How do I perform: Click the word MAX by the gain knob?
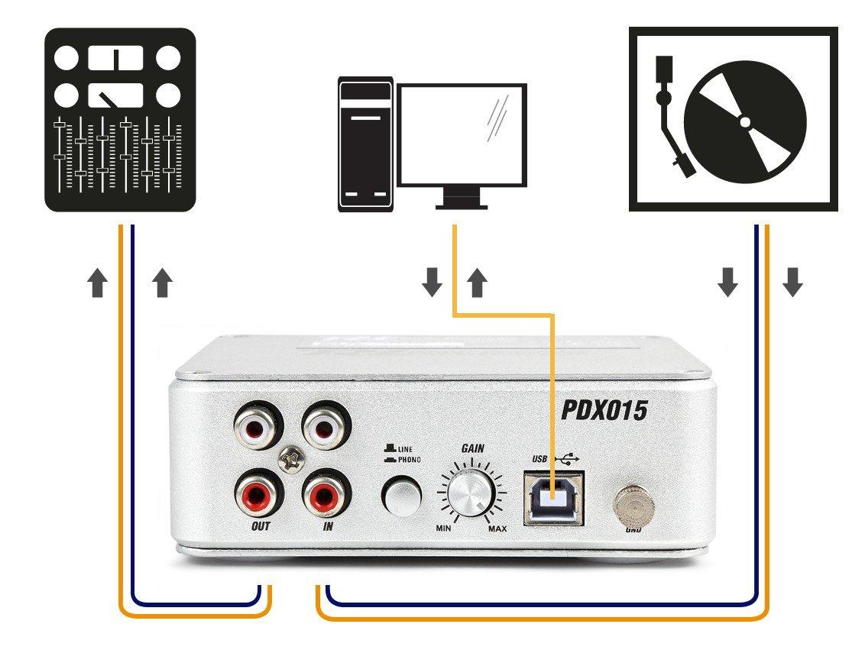[497, 529]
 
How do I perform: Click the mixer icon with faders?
[120, 119]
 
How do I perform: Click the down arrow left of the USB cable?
[432, 283]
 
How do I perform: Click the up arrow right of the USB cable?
[478, 283]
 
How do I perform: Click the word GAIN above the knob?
[472, 449]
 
